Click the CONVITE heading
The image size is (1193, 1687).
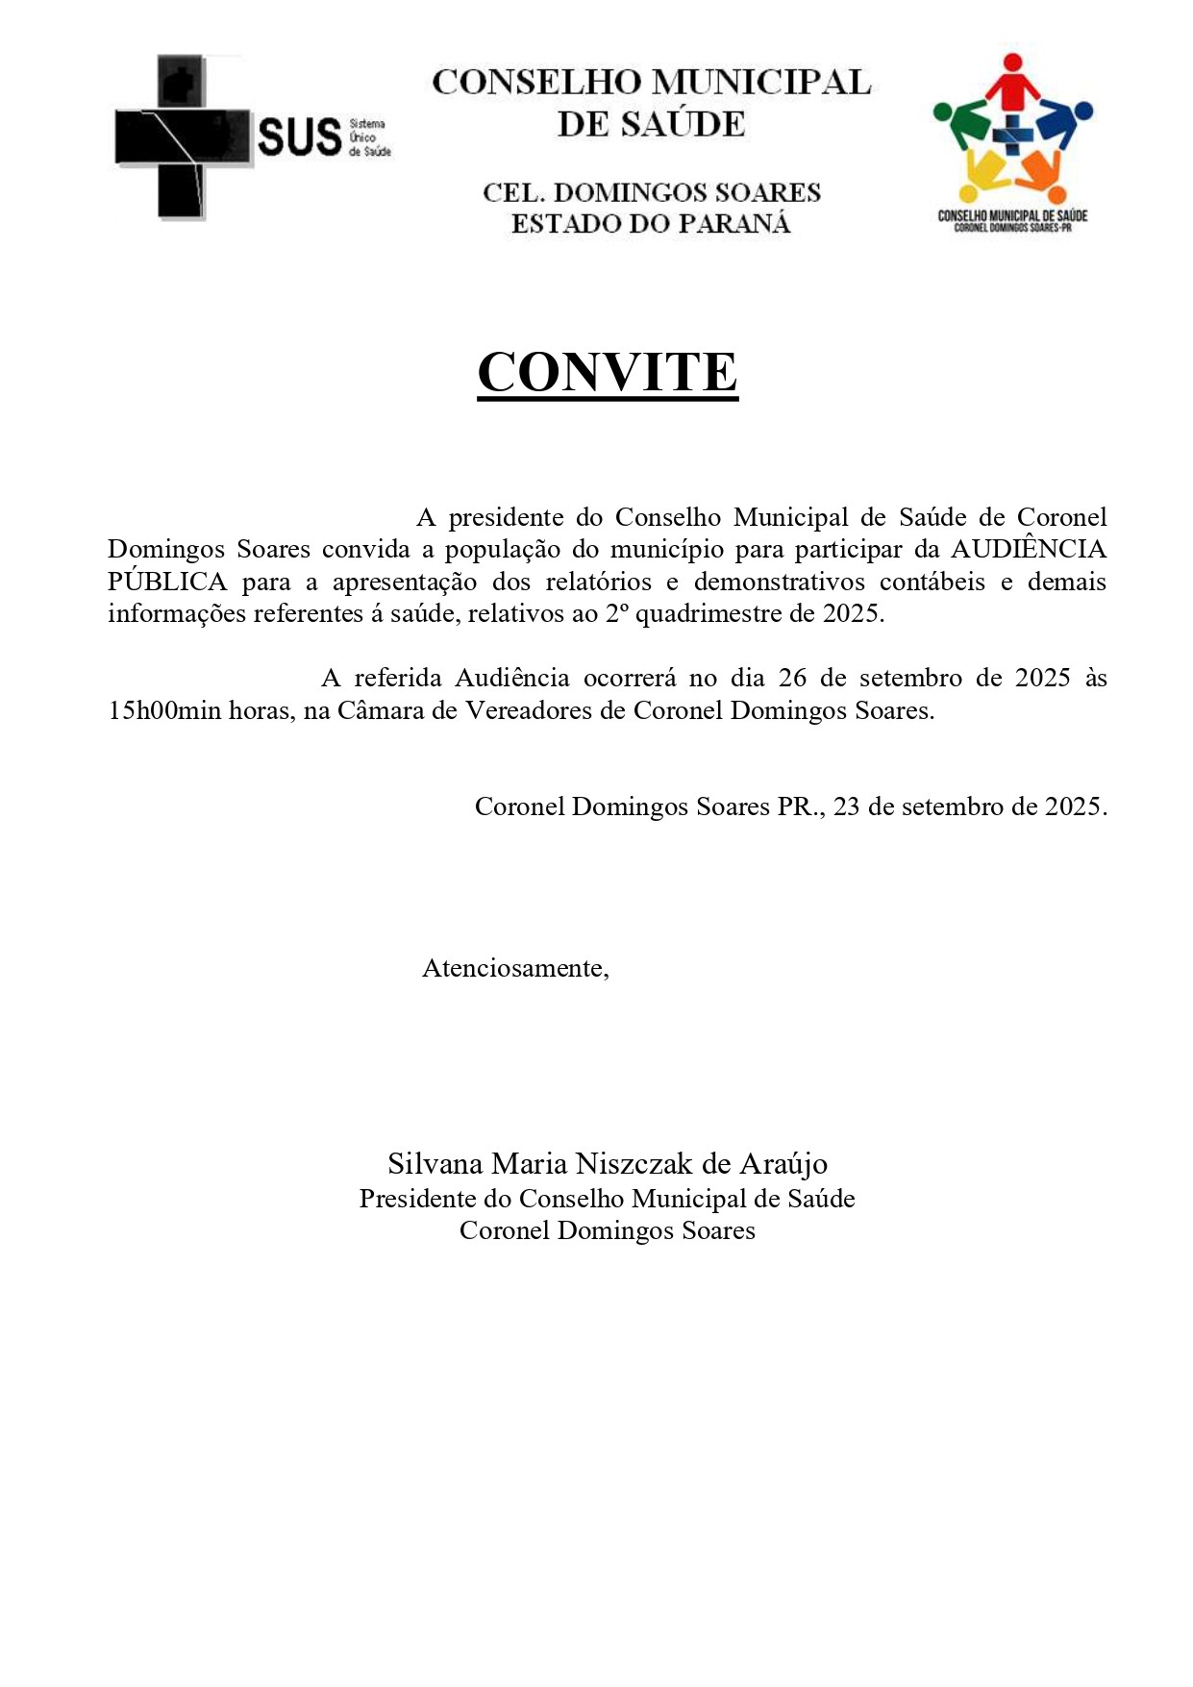point(608,372)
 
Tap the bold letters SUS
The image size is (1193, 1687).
point(299,137)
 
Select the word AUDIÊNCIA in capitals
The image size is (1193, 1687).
point(1028,550)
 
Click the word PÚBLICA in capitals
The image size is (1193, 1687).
point(167,583)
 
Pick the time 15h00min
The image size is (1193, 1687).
point(164,711)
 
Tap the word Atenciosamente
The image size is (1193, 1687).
point(515,968)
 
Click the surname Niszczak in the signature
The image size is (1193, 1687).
point(634,1164)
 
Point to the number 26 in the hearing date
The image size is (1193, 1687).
point(792,679)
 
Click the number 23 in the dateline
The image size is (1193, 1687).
point(846,806)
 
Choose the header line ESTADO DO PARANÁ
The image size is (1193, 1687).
point(651,224)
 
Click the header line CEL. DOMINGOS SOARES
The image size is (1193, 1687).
point(651,192)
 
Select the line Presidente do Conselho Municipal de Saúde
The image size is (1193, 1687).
point(607,1199)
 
